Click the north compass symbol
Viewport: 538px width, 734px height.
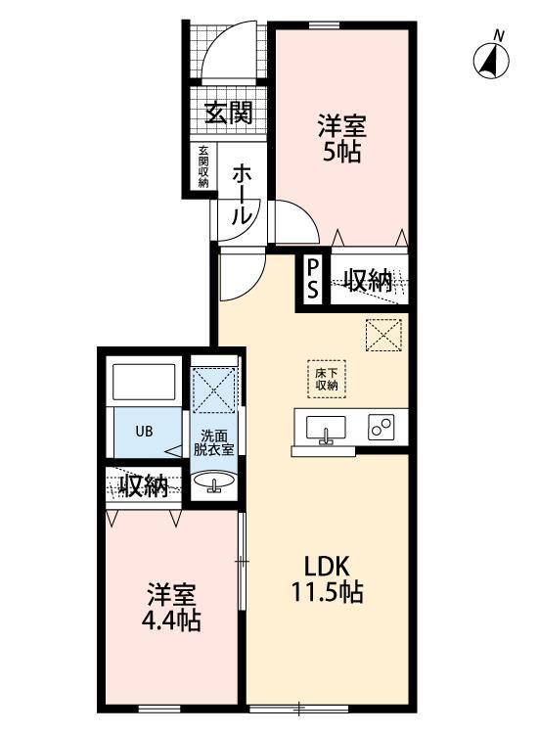click(493, 60)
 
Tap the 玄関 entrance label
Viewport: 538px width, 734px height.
click(228, 113)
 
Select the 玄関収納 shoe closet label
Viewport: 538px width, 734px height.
click(203, 166)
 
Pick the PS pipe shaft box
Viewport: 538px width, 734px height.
click(313, 279)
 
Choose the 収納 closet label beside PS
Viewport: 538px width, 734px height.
click(368, 281)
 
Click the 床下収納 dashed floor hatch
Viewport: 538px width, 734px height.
click(326, 377)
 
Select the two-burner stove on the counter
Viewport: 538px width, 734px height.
click(380, 428)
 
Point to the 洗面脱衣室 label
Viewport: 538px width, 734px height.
click(215, 442)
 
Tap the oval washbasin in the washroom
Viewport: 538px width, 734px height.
click(213, 482)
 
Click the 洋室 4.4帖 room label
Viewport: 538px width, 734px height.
click(172, 607)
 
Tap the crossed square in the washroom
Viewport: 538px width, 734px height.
click(214, 390)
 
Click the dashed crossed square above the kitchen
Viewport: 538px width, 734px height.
click(383, 338)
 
